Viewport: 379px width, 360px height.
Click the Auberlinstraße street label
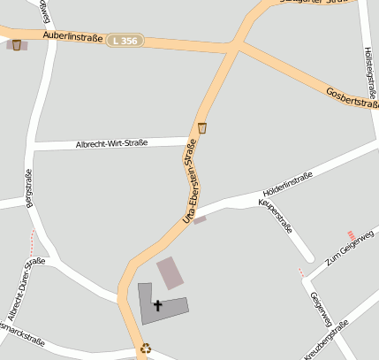tap(73, 36)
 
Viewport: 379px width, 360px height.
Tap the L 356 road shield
tap(125, 41)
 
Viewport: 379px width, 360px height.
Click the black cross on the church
tap(158, 306)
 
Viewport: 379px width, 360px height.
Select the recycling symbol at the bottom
tap(146, 349)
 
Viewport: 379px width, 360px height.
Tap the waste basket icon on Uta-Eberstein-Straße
tap(202, 127)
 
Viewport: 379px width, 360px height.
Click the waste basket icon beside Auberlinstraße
tap(17, 44)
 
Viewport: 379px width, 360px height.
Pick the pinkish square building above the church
tap(171, 272)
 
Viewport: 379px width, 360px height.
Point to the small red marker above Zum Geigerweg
tap(351, 234)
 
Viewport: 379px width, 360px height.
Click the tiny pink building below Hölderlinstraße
tap(200, 219)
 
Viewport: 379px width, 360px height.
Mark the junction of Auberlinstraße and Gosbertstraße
tap(237, 44)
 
